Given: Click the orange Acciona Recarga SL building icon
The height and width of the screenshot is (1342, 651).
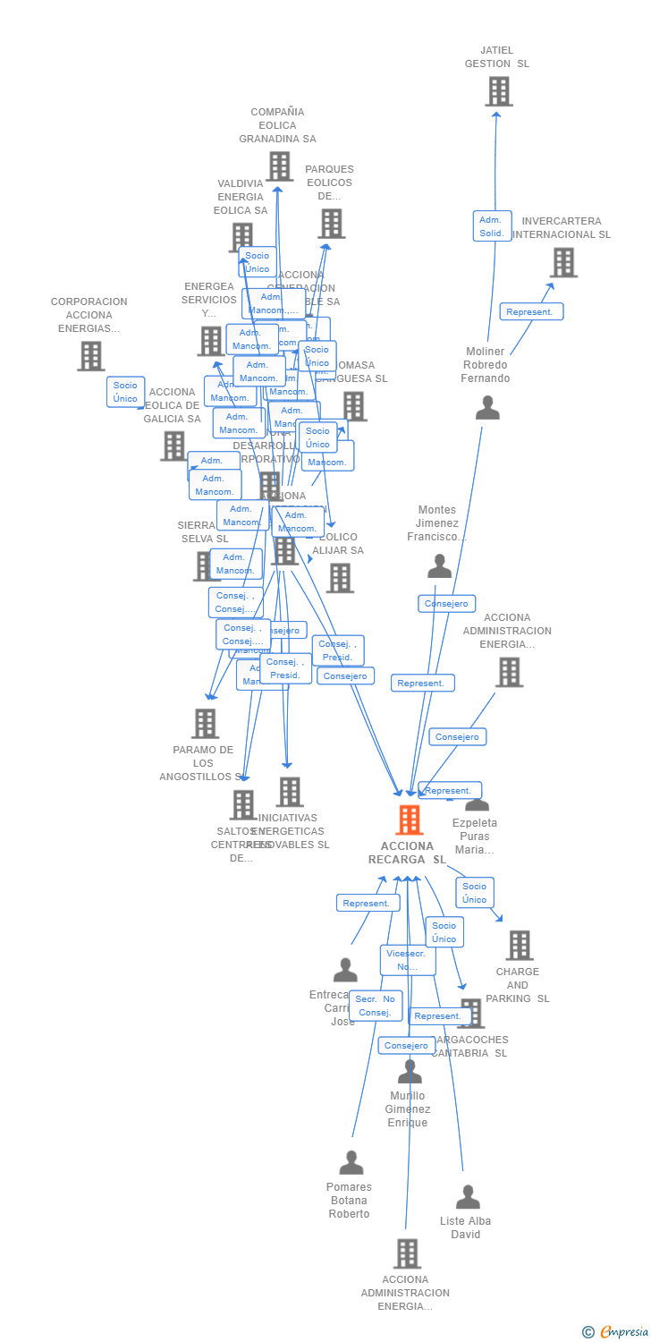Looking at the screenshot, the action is [x=409, y=820].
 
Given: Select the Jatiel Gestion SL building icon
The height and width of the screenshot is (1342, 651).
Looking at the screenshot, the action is [x=499, y=91].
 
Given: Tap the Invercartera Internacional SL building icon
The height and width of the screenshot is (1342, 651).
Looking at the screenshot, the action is [x=563, y=262].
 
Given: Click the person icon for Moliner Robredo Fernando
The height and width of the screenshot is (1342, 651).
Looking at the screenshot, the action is [x=487, y=407].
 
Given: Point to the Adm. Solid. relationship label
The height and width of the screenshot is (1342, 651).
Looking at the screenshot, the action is [x=492, y=226].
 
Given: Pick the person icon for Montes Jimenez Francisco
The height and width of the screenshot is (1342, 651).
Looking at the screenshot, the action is [x=439, y=565].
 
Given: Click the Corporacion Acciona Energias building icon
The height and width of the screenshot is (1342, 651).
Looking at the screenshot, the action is [x=90, y=356].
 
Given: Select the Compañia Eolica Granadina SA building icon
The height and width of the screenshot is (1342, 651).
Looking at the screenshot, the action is [x=279, y=166].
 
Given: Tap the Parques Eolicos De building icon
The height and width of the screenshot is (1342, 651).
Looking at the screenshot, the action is [x=331, y=224].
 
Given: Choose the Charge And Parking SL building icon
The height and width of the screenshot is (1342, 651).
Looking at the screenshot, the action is [x=519, y=945].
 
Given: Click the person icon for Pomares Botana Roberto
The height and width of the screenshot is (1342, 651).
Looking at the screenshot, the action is [x=351, y=1162].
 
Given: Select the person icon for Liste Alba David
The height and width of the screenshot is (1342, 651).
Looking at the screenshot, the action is [x=468, y=1197].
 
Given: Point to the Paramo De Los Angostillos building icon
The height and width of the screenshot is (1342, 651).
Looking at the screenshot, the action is [x=206, y=724].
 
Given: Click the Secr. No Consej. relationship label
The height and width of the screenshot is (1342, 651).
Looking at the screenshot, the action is [x=376, y=1006].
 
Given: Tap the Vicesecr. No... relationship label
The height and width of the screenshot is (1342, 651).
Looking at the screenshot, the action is [x=408, y=960].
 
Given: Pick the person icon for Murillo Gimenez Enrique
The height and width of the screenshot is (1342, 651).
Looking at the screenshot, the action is [x=410, y=1071].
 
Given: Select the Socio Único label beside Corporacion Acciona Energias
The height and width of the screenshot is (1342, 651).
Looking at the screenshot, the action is [x=125, y=392].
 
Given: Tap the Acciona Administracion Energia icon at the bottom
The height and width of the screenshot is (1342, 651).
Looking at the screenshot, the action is [x=407, y=1253].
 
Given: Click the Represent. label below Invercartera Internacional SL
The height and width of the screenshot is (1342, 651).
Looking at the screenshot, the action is [x=531, y=311].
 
